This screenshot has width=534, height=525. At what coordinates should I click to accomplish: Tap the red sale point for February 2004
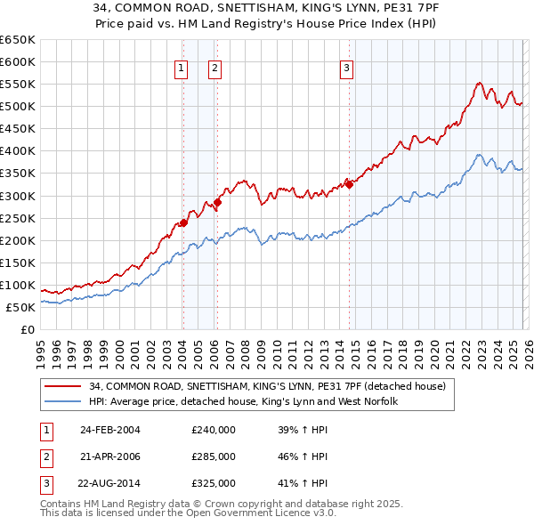click(x=183, y=222)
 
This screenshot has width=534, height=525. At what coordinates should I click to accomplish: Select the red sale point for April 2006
click(x=217, y=202)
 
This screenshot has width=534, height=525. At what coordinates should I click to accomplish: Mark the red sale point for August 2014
click(x=349, y=184)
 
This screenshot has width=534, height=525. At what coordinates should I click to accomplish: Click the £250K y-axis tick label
click(x=18, y=218)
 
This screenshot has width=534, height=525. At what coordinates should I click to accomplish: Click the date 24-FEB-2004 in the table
click(x=110, y=430)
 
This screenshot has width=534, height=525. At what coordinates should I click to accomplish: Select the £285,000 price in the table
click(x=214, y=456)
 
